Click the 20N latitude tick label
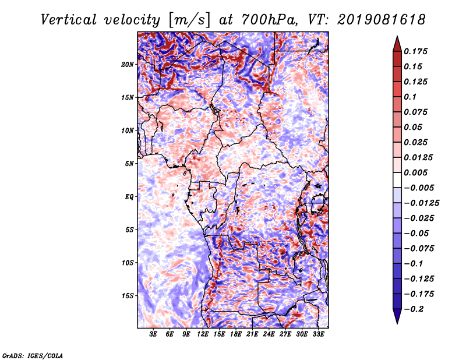128,65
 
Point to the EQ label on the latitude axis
129,197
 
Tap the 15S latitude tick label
128,296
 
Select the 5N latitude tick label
129,164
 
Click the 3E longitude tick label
153,334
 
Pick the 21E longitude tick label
252,334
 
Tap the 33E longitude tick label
318,334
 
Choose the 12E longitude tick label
203,334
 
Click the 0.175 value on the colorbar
415,51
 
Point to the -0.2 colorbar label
414,309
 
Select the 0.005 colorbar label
415,172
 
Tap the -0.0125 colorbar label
421,203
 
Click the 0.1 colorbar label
410,97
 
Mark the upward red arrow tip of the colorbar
397,36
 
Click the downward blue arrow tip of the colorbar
397,323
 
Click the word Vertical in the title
69,20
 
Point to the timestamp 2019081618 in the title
382,20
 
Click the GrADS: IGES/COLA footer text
33,355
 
